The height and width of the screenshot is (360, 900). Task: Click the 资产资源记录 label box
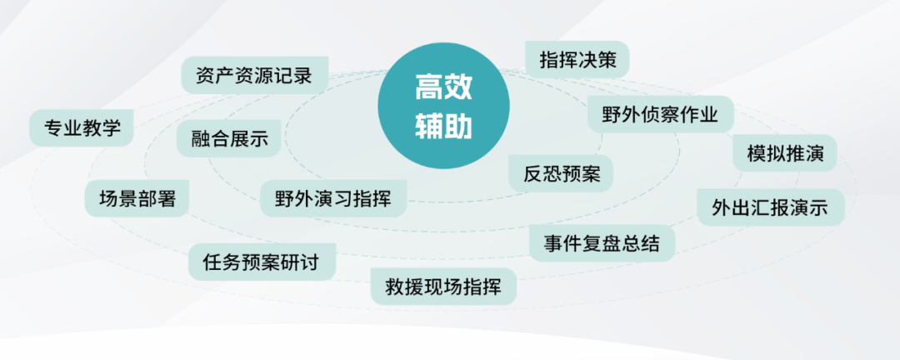254,76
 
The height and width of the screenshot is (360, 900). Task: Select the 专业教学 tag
82,127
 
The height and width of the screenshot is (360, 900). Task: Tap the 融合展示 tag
228,138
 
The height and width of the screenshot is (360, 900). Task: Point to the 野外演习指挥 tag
333,198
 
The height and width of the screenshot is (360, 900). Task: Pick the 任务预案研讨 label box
262,262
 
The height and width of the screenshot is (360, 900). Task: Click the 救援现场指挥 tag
443,287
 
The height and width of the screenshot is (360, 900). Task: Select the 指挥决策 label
577,60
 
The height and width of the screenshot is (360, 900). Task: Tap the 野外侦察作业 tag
659,114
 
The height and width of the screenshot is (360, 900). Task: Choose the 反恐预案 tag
561,173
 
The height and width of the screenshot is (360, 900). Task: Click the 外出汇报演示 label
769,207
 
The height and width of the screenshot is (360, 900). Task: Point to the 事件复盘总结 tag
602,243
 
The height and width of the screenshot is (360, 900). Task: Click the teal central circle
443,107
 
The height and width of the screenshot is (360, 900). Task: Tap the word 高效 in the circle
443,88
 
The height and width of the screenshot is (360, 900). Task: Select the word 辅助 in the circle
443,126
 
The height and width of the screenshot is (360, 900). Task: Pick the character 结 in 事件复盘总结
650,243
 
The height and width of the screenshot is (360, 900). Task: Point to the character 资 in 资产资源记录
204,76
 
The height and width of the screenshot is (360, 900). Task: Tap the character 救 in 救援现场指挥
395,287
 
